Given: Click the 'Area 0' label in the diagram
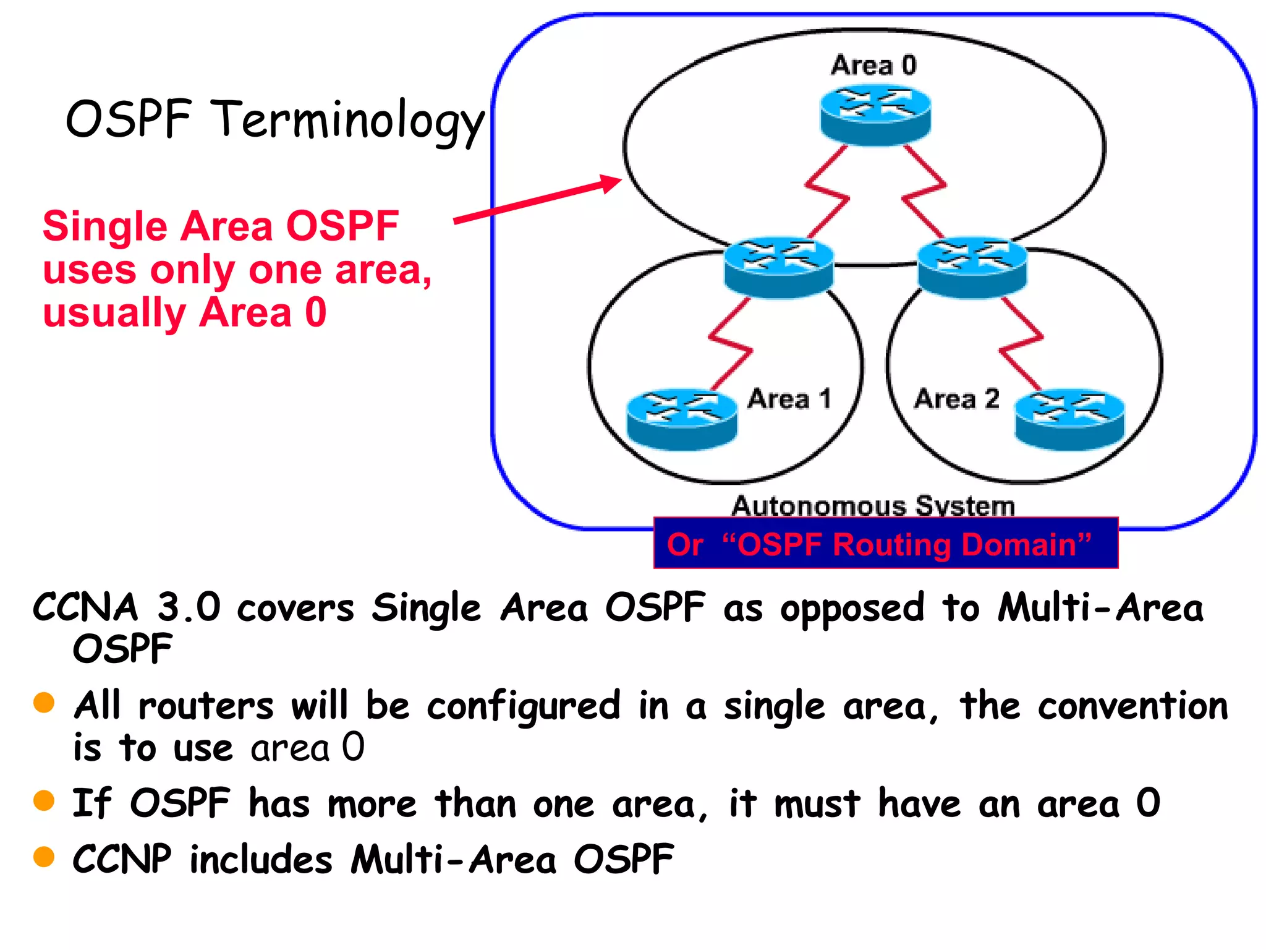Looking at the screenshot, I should click(x=873, y=66).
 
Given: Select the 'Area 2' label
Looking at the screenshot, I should click(x=956, y=399).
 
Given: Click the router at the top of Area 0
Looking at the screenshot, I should click(x=875, y=115).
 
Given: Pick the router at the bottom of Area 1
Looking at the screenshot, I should click(x=682, y=419).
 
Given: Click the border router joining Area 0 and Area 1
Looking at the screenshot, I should click(x=779, y=267).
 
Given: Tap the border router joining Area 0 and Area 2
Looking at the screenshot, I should click(x=972, y=267).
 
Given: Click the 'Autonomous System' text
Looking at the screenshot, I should click(x=873, y=506).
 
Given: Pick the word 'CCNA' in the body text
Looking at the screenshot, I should click(x=85, y=607).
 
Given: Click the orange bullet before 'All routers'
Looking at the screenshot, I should click(x=44, y=703).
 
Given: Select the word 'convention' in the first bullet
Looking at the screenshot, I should click(x=1132, y=706).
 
